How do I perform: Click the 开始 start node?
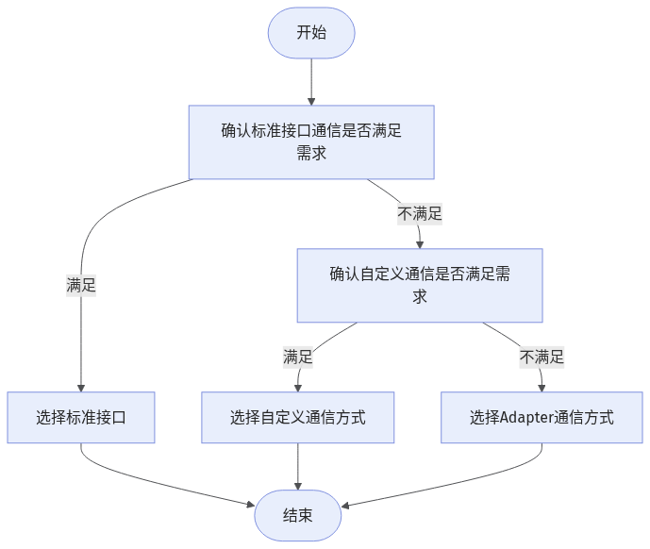click(311, 33)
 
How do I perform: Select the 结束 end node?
click(298, 515)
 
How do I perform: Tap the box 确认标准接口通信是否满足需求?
click(311, 141)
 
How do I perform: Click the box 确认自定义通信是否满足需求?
click(420, 285)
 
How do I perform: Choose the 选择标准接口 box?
click(81, 417)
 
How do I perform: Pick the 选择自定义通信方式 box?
click(298, 417)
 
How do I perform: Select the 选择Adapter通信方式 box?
click(542, 417)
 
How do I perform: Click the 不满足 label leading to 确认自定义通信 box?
click(420, 214)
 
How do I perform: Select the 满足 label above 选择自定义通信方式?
click(298, 357)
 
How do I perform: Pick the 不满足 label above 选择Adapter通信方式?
click(542, 357)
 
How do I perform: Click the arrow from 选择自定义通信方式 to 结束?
click(298, 467)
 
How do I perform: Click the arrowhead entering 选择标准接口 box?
click(81, 386)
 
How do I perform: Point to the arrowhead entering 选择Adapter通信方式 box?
click(542, 386)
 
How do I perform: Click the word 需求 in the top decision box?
click(311, 154)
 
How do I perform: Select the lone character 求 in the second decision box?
click(420, 297)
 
